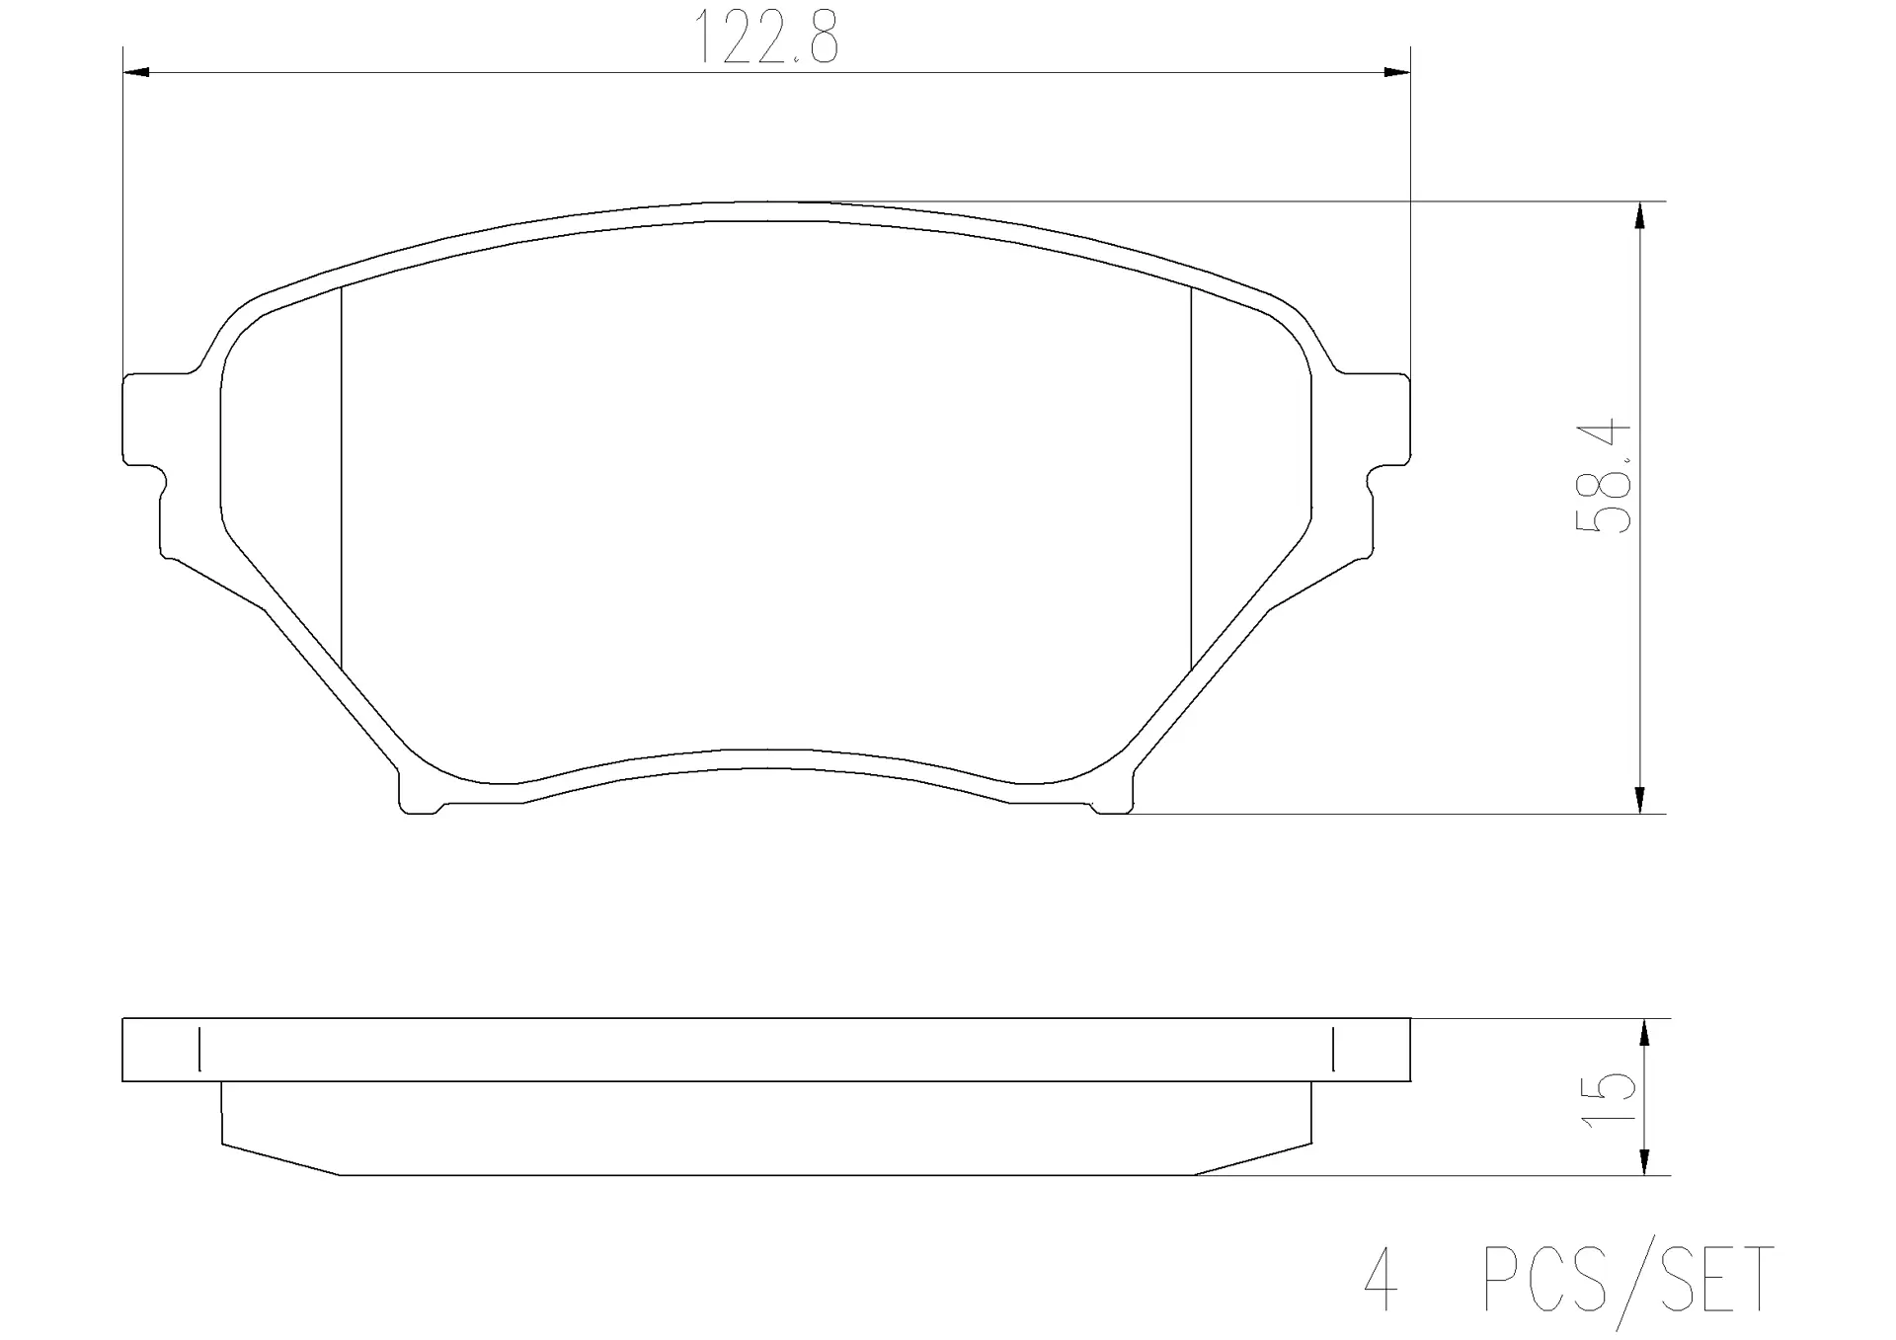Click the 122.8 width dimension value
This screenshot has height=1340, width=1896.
767,37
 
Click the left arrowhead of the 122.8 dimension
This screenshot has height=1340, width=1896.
135,72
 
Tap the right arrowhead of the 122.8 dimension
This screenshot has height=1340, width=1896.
1396,72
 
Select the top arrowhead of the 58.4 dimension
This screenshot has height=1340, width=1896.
1640,215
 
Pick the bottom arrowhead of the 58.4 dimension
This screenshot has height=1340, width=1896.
1640,800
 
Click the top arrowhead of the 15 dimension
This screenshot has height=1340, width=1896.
1644,1032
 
